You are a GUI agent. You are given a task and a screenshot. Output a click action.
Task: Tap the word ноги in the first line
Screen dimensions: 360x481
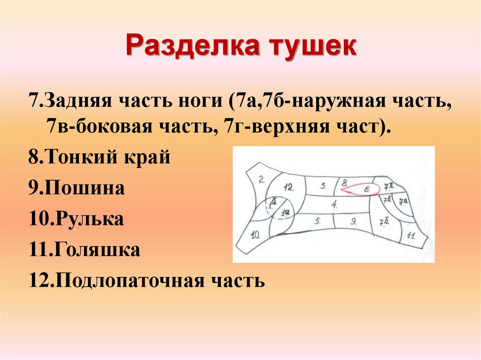tap(205, 101)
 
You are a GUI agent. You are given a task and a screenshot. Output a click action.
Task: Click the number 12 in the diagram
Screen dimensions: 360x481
tap(288, 187)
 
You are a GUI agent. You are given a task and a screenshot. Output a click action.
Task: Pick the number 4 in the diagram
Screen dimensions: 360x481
tap(334, 204)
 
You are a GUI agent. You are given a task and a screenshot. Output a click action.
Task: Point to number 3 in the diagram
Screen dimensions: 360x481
tap(323, 185)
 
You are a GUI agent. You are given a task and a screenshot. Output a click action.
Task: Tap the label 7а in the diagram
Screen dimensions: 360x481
tap(403, 202)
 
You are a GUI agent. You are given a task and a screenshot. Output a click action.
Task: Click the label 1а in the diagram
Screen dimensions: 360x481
tap(285, 213)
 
